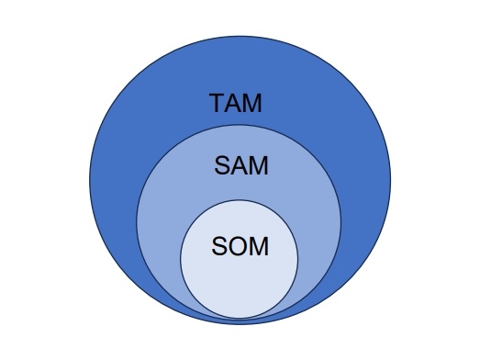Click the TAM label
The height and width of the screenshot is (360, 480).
pos(236,103)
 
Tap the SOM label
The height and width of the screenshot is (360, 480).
pos(240,249)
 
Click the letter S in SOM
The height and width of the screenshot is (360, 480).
pos(220,249)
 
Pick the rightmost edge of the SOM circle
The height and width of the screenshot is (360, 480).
pos(298,260)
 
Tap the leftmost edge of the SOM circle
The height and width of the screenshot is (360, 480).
pos(180,260)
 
